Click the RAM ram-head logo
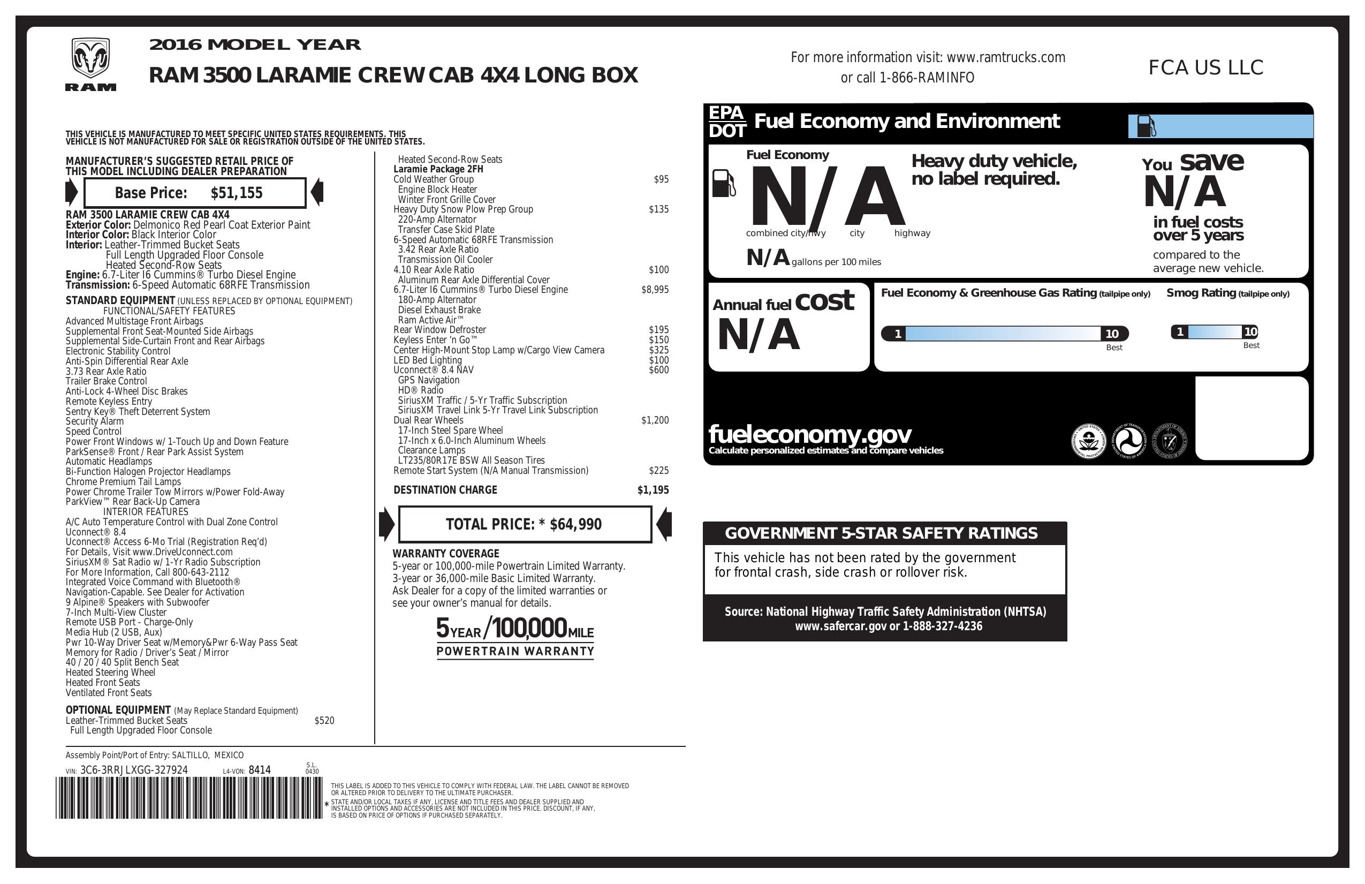coord(90,58)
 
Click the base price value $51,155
coord(236,193)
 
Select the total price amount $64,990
coord(575,524)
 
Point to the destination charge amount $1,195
coord(653,490)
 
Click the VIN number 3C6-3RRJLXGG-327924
coord(134,770)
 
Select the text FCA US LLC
coord(1205,67)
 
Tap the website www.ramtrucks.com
coord(1005,57)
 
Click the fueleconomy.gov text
coord(809,434)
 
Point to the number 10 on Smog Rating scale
coord(1250,331)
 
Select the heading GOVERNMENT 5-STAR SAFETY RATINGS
coord(881,533)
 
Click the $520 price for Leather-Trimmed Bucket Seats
coord(324,721)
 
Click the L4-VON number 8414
coord(259,770)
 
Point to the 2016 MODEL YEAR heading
coord(255,45)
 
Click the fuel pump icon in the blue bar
coord(1146,126)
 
